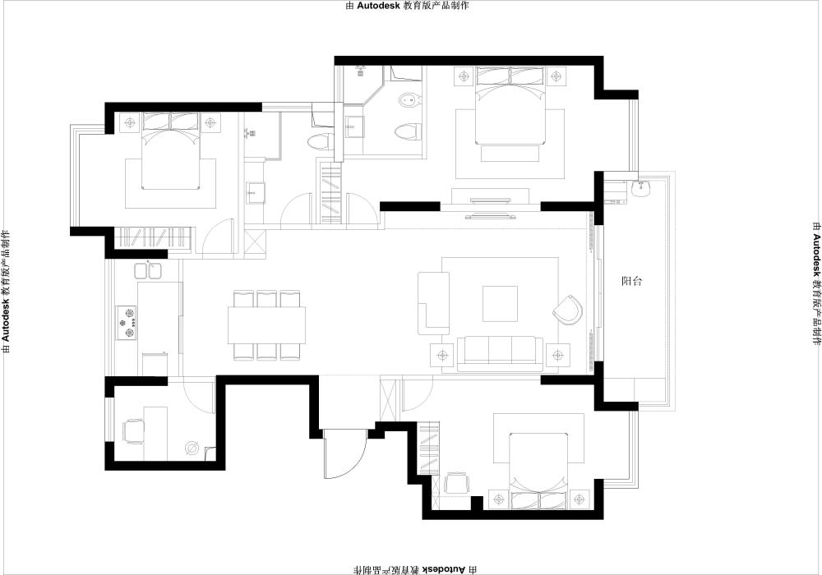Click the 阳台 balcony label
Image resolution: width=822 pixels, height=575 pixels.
631,281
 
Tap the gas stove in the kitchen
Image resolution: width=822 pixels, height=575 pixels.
127,323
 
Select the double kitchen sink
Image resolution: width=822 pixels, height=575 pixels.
148,270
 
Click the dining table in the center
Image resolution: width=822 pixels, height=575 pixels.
266,324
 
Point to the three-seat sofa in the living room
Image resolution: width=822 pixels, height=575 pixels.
500,354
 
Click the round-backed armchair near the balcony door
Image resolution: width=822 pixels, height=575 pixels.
568,310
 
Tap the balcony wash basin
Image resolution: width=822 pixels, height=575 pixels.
641,188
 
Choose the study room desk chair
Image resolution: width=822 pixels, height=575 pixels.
133,431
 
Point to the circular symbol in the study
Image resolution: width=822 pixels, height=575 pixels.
192,448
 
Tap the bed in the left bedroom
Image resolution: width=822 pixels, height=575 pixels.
171,151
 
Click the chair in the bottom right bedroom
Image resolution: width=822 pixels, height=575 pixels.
455,482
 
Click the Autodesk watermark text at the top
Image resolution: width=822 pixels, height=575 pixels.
408,6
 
